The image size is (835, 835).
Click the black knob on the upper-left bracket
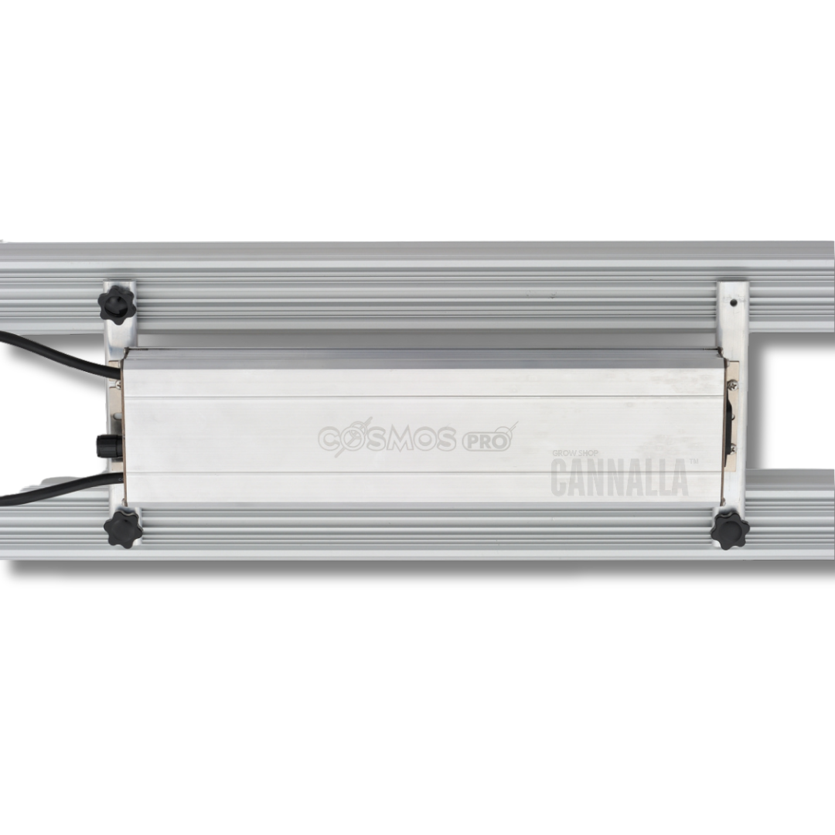pos(118,304)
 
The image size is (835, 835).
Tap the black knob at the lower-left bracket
pos(122,528)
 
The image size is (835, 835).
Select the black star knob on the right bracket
pos(730,530)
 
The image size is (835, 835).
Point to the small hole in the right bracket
pos(732,302)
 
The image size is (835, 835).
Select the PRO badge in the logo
pos(486,441)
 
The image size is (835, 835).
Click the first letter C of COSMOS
pos(331,439)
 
